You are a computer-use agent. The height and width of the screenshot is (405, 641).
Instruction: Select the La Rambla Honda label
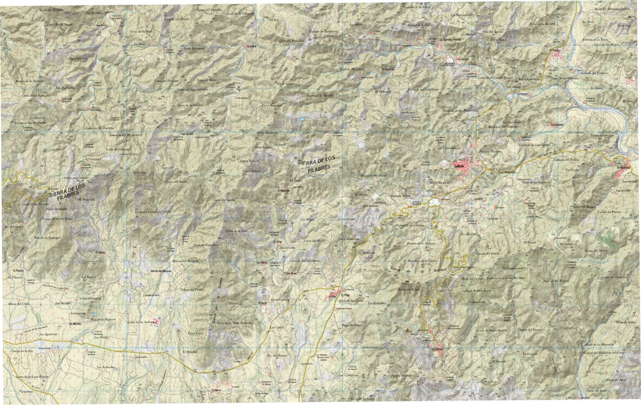click(x=452, y=40)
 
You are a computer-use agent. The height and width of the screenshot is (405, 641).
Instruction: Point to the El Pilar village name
click(x=332, y=295)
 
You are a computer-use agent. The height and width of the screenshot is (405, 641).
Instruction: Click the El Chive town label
click(x=437, y=351)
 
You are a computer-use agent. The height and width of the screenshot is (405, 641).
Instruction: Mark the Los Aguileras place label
click(x=48, y=335)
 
